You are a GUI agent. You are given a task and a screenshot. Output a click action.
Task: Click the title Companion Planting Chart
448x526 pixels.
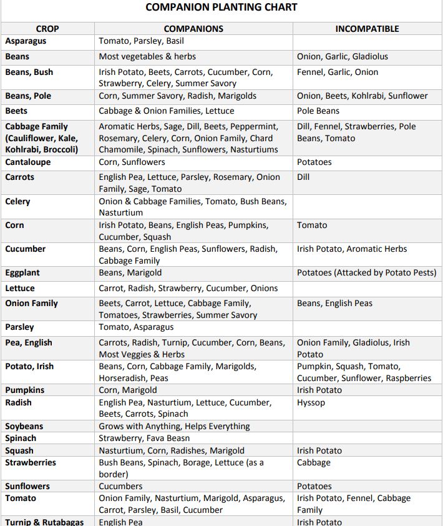pyautogui.click(x=221, y=7)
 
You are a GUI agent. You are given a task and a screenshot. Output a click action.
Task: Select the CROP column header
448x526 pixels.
pyautogui.click(x=47, y=29)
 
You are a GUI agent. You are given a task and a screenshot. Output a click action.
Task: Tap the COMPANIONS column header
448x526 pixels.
pyautogui.click(x=193, y=29)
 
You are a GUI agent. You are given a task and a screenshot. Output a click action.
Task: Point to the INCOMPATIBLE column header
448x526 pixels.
pyautogui.click(x=367, y=29)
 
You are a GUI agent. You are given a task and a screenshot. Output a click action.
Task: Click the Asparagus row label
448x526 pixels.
pyautogui.click(x=26, y=41)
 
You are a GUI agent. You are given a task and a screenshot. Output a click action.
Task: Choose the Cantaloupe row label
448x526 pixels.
pyautogui.click(x=28, y=162)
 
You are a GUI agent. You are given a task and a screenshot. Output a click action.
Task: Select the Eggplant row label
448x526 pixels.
pyautogui.click(x=23, y=273)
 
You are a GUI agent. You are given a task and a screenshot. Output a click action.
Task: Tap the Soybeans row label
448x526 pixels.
pyautogui.click(x=24, y=427)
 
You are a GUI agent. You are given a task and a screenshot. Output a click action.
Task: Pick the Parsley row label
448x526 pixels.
pyautogui.click(x=20, y=327)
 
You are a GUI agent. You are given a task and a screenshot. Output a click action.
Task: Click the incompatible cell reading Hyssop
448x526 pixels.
pyautogui.click(x=311, y=403)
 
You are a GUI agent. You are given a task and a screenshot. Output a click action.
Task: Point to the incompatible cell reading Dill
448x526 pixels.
pyautogui.click(x=303, y=177)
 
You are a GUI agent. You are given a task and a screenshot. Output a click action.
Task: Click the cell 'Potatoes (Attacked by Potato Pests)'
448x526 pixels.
pyautogui.click(x=367, y=273)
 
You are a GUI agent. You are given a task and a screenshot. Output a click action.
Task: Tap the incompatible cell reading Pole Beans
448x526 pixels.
pyautogui.click(x=318, y=111)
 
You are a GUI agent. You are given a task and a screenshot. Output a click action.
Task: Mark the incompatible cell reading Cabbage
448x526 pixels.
pyautogui.click(x=314, y=463)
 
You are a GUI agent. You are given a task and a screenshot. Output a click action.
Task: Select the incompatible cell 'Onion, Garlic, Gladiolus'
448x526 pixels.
pyautogui.click(x=343, y=57)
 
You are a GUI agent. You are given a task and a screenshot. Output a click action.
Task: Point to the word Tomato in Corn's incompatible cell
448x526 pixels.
pyautogui.click(x=312, y=226)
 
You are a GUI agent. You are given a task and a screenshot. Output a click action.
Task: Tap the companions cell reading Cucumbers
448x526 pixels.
pyautogui.click(x=120, y=487)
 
